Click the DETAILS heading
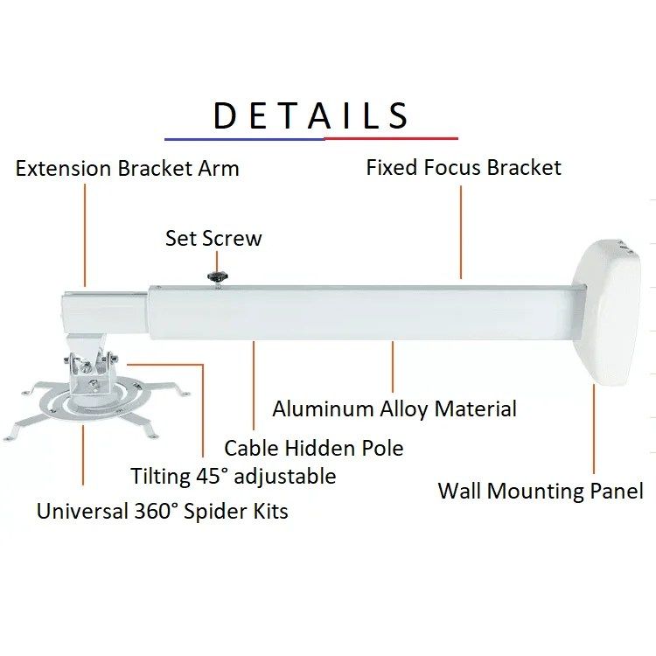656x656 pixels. [x=311, y=115]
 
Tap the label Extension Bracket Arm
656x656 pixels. [x=127, y=169]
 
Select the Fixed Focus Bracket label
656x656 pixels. [x=464, y=167]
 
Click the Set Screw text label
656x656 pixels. [x=213, y=238]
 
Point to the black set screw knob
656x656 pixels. [x=218, y=276]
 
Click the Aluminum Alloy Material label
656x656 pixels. [x=394, y=408]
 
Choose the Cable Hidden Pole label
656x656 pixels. [x=314, y=448]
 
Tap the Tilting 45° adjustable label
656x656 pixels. [x=234, y=476]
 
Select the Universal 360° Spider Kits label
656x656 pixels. [x=163, y=512]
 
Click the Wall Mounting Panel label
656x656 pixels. [x=541, y=491]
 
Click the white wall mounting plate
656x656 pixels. [x=607, y=311]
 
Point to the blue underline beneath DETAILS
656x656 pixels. [x=245, y=139]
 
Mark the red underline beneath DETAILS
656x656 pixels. [x=391, y=138]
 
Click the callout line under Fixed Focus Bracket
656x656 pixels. [x=461, y=232]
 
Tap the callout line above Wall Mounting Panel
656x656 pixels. [x=594, y=429]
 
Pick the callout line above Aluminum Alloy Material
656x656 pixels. [x=393, y=366]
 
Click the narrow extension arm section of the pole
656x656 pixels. [x=105, y=312]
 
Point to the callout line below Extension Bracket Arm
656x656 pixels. [x=85, y=235]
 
